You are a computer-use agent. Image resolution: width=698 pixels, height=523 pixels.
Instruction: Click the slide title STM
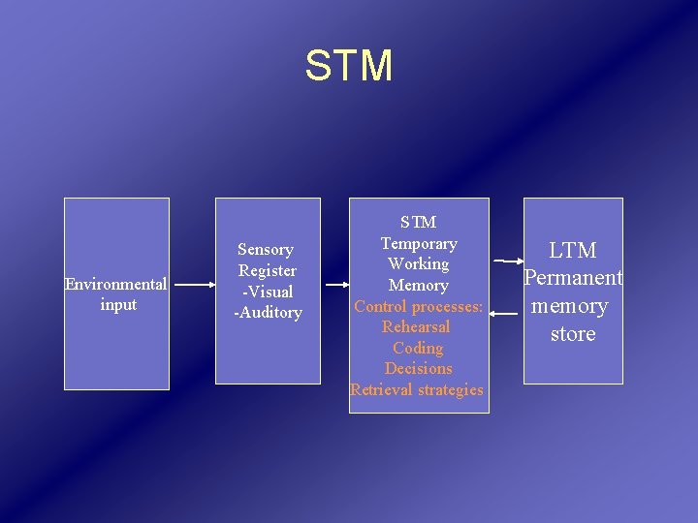pyautogui.click(x=349, y=66)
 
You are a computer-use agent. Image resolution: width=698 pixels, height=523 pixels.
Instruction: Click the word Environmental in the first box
pyautogui.click(x=115, y=284)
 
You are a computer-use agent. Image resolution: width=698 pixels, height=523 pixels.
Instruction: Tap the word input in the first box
pyautogui.click(x=117, y=304)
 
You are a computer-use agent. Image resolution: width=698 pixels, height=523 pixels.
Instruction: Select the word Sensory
pyautogui.click(x=266, y=250)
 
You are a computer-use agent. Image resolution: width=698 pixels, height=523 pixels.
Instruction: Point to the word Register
pyautogui.click(x=268, y=270)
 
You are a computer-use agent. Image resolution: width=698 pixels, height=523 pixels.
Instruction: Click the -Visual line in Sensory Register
pyautogui.click(x=268, y=292)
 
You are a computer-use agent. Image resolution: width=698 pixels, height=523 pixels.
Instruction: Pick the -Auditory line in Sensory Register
pyautogui.click(x=268, y=313)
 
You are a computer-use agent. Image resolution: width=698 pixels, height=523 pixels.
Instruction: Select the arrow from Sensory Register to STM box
pyautogui.click(x=334, y=285)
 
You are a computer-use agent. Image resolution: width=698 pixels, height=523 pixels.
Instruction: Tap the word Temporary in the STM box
pyautogui.click(x=419, y=243)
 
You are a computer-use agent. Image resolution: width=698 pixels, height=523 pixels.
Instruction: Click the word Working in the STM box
pyautogui.click(x=419, y=263)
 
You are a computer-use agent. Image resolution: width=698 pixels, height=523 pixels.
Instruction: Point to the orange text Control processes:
pyautogui.click(x=419, y=306)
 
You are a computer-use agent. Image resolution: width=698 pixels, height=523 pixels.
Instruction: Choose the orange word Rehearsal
pyautogui.click(x=417, y=326)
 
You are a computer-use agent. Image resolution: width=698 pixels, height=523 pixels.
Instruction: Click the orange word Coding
pyautogui.click(x=418, y=348)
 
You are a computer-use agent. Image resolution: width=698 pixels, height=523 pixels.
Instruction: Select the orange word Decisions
pyautogui.click(x=418, y=368)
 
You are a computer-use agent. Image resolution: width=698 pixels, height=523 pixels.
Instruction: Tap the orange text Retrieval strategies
pyautogui.click(x=417, y=389)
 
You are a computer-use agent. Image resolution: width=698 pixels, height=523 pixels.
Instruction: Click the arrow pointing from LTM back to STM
pyautogui.click(x=505, y=314)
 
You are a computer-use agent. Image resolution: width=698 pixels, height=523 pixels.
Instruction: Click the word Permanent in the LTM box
pyautogui.click(x=573, y=278)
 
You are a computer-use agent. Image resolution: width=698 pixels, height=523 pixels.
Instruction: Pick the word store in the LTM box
pyautogui.click(x=573, y=334)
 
